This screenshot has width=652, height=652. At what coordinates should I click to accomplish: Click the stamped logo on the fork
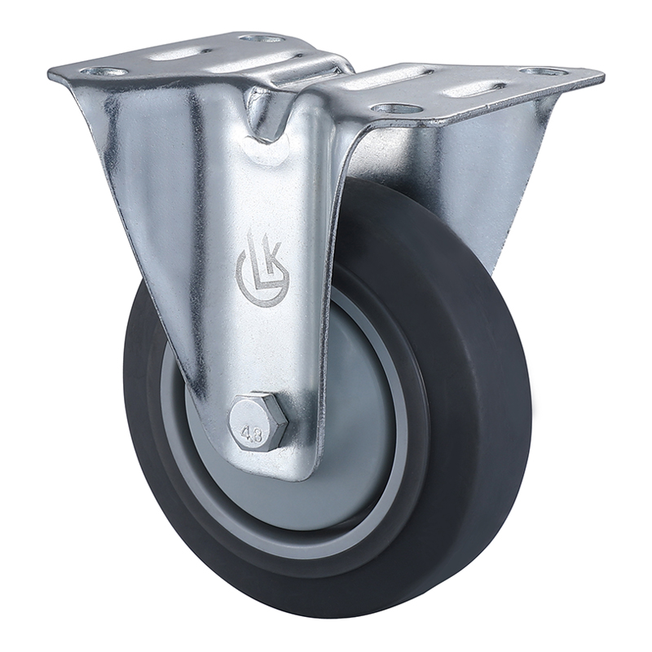tap(262, 269)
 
